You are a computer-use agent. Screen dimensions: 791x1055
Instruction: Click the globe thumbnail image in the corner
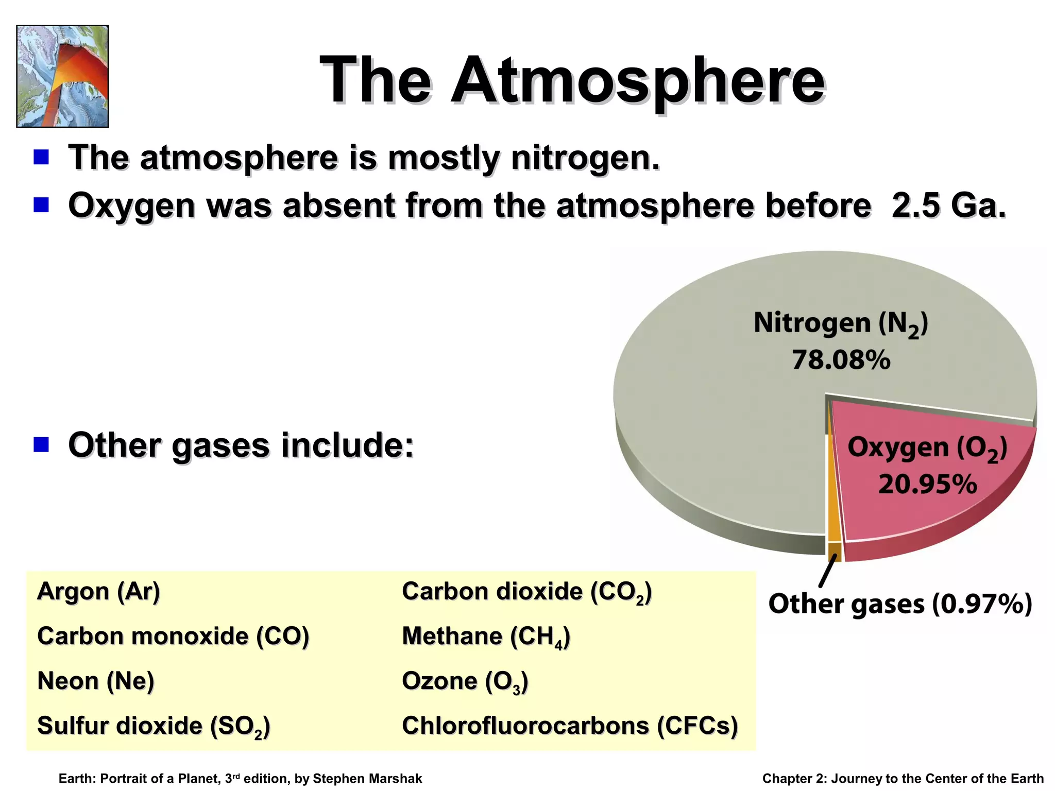coord(62,76)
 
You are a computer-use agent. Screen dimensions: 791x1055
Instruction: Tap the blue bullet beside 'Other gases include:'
coord(41,444)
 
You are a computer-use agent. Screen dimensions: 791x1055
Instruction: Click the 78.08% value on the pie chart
coord(841,359)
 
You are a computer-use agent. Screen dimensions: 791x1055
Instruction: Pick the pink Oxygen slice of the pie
coord(922,510)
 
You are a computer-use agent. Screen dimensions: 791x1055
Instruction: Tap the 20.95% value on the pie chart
coord(927,484)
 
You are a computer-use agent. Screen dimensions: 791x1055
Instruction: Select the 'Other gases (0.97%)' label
coord(900,604)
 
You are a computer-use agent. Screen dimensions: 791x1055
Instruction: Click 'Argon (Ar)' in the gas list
coord(98,591)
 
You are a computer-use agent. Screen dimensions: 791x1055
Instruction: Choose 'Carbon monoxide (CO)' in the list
coord(173,636)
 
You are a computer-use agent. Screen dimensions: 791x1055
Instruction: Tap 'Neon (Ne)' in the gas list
coord(96,681)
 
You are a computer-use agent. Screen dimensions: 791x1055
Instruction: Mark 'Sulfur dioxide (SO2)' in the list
coord(154,726)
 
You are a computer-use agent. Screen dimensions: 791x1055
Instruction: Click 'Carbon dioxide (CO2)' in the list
coord(526,592)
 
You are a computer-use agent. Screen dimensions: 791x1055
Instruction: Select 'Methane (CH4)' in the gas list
coord(486,637)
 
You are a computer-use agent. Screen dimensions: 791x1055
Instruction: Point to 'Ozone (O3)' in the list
coord(465,681)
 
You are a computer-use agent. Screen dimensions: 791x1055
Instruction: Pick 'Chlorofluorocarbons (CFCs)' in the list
coord(570,726)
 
